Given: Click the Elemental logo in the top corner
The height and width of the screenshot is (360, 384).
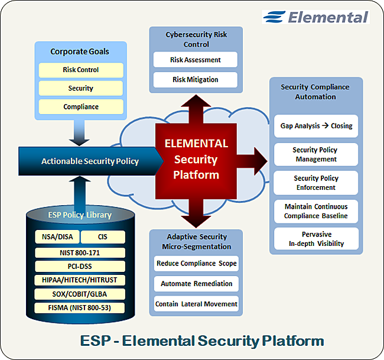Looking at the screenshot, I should tap(316, 17).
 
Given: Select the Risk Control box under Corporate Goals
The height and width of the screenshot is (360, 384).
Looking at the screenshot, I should tap(81, 70).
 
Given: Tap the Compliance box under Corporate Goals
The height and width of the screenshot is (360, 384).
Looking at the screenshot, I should tap(81, 107).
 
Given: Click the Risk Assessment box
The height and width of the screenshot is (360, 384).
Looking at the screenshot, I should tap(196, 60).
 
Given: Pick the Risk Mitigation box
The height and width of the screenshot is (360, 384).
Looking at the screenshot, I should tap(196, 79).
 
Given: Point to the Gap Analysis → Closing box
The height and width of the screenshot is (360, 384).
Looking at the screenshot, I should tap(316, 126).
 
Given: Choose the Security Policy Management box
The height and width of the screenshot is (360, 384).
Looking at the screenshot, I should tap(316, 154).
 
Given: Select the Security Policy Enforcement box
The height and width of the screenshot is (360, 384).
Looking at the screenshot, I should tap(316, 183).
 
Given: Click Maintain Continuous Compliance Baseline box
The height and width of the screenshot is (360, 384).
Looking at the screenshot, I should tap(316, 211).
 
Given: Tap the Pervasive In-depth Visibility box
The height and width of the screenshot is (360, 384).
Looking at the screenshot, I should tap(316, 239).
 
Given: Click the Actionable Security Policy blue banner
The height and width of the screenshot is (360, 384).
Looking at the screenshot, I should tap(89, 161).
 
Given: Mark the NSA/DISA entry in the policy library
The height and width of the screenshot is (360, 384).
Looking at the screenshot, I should tap(54, 237).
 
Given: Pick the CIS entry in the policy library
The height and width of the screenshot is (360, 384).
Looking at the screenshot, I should tap(103, 237).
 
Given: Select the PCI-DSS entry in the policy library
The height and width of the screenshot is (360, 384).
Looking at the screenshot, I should tap(80, 266).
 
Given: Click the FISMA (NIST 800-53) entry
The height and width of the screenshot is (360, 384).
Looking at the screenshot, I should tap(80, 307).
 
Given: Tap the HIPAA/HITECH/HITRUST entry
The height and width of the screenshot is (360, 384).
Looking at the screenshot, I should tap(80, 280).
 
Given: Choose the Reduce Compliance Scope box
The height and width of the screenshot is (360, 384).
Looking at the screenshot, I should tap(196, 263).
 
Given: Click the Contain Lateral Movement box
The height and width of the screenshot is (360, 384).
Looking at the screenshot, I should tap(196, 304).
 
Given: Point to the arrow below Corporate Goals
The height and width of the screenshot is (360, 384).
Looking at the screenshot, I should tap(80, 132).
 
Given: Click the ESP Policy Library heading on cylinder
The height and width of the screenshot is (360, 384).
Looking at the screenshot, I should tap(79, 215).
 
